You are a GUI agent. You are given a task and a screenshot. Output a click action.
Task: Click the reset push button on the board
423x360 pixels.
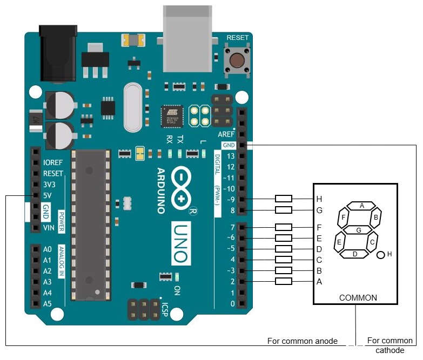click(237, 59)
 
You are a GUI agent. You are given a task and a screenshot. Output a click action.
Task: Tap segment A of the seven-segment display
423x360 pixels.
click(362, 206)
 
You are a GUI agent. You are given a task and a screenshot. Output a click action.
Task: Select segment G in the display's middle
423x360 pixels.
click(358, 230)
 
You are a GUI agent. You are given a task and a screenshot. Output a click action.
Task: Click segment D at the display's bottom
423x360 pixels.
click(354, 254)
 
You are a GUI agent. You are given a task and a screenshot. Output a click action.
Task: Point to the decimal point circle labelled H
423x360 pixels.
click(381, 255)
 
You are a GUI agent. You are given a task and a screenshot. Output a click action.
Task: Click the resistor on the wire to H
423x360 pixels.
click(284, 199)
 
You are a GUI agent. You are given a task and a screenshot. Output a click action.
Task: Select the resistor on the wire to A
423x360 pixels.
click(284, 281)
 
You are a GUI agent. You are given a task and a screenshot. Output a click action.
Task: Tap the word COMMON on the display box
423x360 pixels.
click(358, 298)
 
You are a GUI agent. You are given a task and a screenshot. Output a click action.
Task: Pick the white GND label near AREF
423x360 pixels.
click(228, 145)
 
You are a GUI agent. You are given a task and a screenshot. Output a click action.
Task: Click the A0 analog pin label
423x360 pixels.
click(47, 249)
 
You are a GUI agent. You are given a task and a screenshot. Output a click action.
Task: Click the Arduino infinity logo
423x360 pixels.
click(183, 188)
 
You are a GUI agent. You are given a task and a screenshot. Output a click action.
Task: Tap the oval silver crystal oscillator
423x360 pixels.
click(132, 107)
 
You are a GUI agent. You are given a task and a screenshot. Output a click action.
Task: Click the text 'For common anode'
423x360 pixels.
click(303, 341)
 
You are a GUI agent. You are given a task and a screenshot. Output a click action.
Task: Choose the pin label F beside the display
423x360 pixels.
click(319, 227)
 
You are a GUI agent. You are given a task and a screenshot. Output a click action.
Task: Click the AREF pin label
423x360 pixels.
click(226, 134)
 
